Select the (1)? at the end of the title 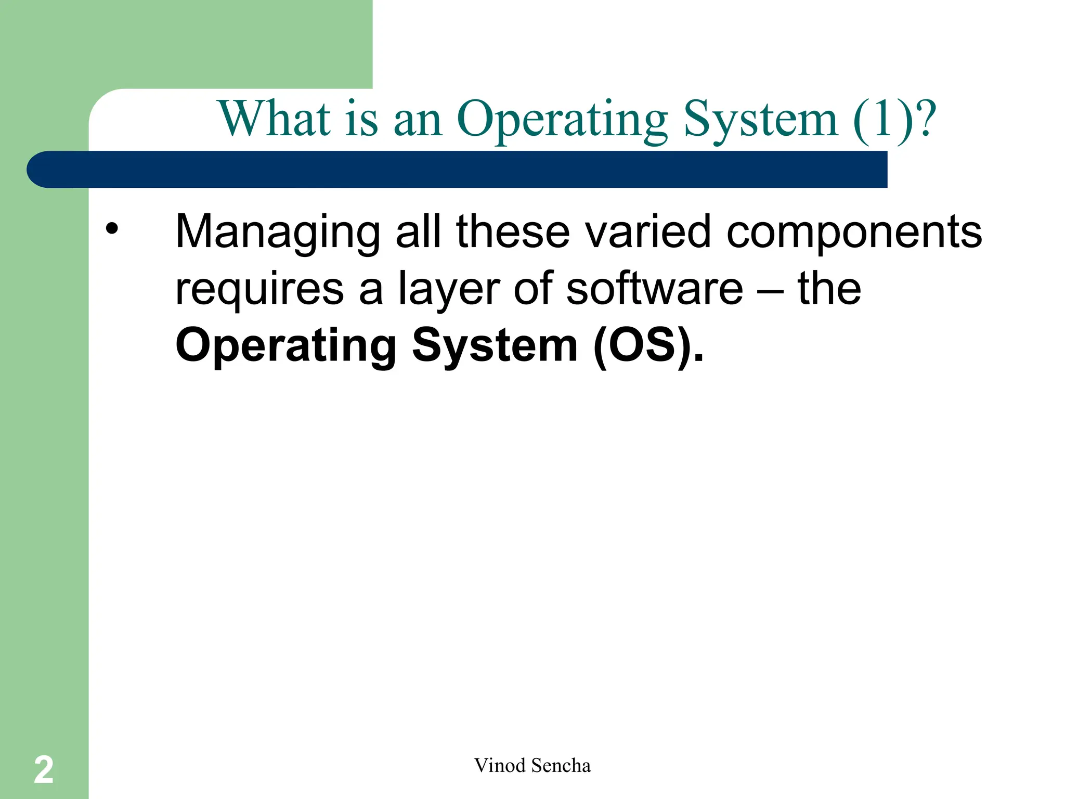point(894,120)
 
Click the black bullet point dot point(112,229)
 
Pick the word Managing point(278,233)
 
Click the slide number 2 point(44,770)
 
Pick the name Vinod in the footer point(499,766)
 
